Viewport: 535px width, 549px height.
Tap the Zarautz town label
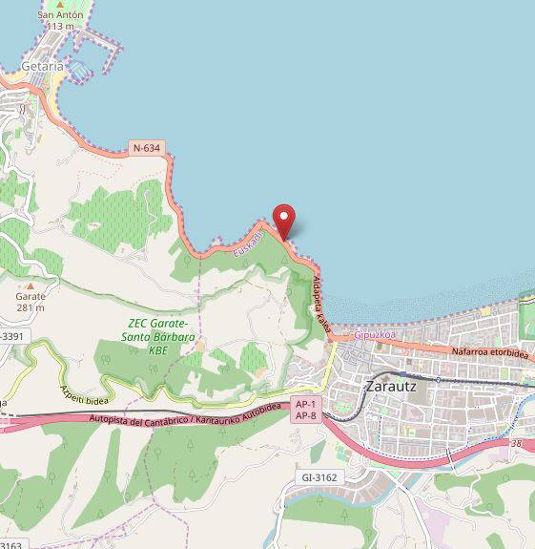coord(397,388)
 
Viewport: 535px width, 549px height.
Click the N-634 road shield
coord(147,148)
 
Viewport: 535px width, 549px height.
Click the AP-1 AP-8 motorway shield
coord(305,409)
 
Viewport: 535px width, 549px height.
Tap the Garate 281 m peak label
coord(30,302)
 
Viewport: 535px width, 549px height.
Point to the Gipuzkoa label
coord(374,335)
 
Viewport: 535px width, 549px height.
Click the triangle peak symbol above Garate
coord(30,285)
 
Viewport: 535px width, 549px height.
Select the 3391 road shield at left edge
coord(11,336)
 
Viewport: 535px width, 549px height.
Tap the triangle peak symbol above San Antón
coord(60,5)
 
